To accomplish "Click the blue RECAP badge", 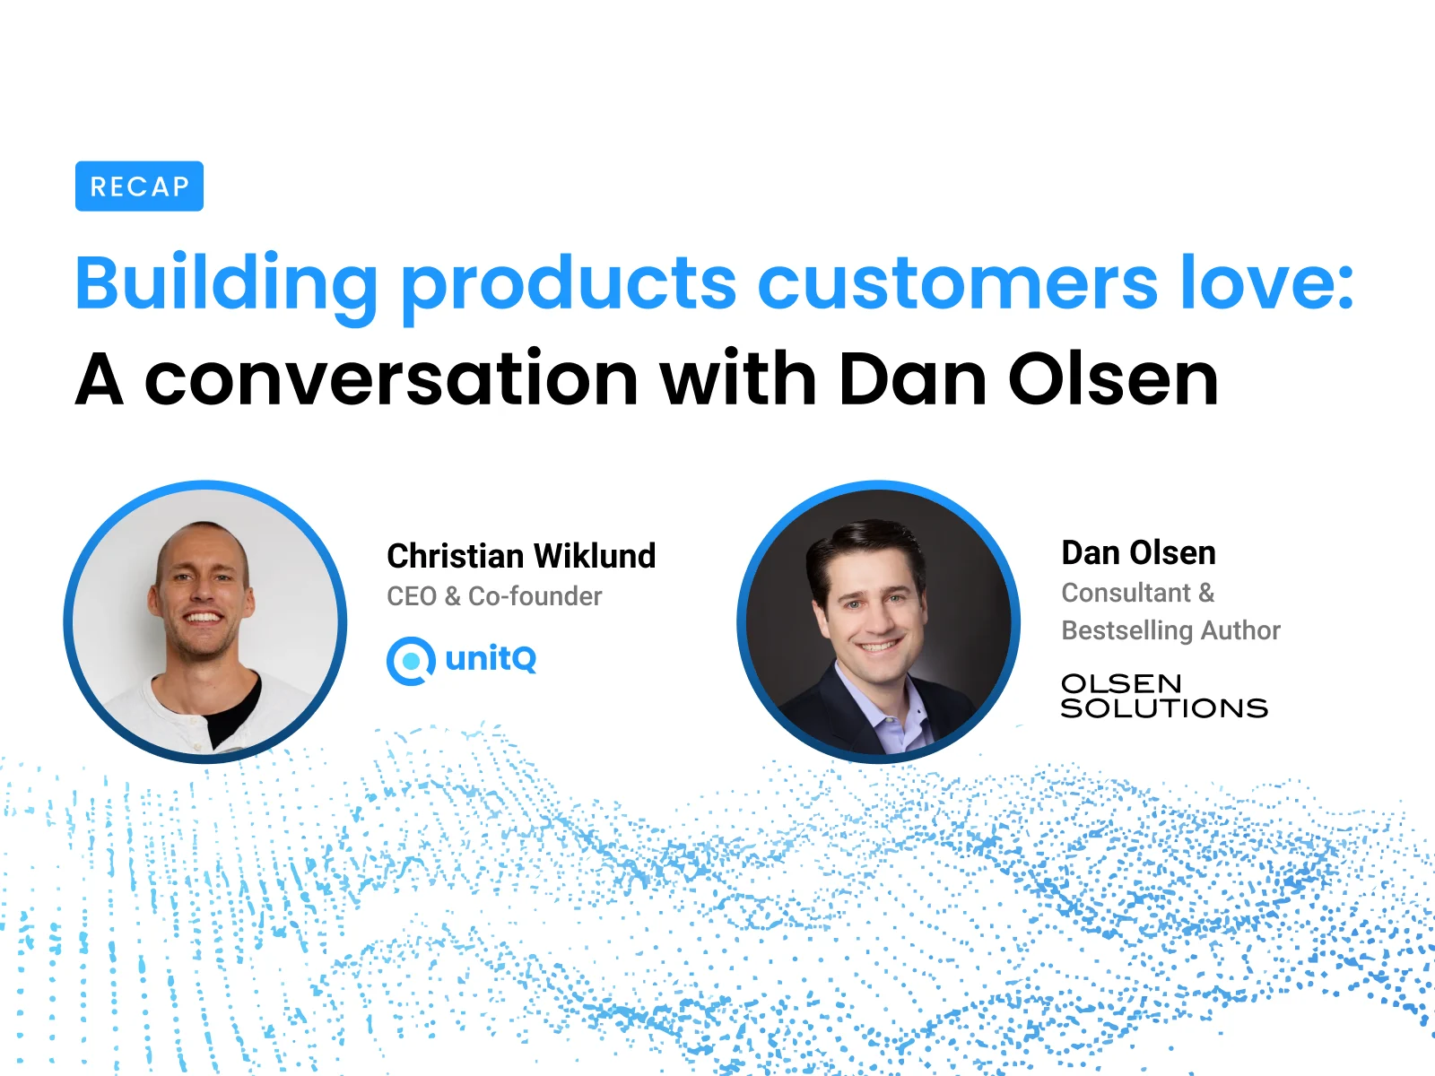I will [139, 187].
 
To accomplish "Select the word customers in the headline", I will [957, 283].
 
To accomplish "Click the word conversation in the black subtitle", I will [391, 379].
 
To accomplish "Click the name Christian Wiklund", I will [521, 556].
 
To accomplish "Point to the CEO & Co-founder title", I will [494, 596].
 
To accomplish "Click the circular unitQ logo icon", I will [411, 661].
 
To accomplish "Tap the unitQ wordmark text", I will [491, 659].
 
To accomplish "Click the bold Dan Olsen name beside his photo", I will [1138, 553].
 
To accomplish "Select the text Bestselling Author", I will [1170, 630].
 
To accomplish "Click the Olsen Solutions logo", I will [1163, 697].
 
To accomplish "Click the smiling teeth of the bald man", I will [202, 618].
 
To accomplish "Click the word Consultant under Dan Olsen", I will [1126, 593].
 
